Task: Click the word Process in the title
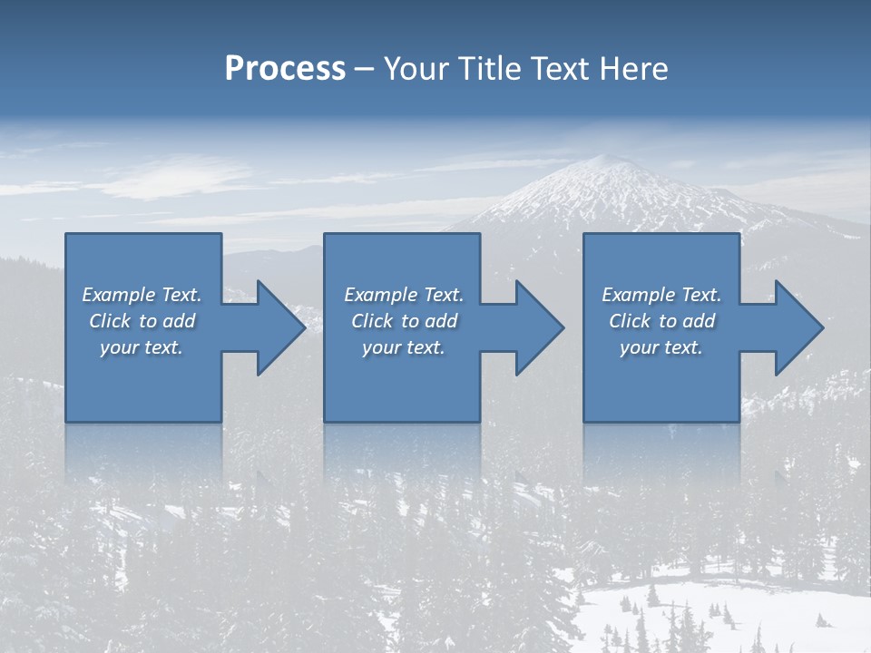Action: pos(285,69)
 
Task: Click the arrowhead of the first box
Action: pos(281,327)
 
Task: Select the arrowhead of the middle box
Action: pos(540,327)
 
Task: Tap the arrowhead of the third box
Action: pos(799,327)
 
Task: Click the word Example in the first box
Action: pos(119,295)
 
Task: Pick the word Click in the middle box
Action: pos(371,321)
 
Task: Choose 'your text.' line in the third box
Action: pos(661,347)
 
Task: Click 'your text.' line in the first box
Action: pos(142,347)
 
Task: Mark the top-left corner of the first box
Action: pos(66,235)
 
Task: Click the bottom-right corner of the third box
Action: pos(739,421)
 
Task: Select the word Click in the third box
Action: pos(630,321)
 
